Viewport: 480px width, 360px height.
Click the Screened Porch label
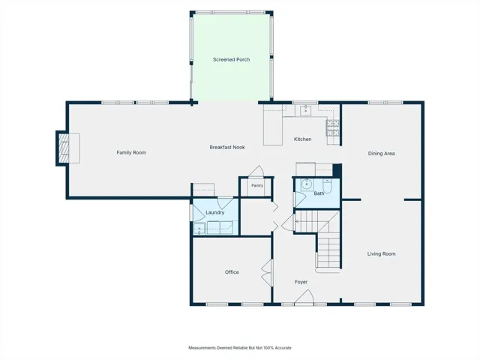(232, 59)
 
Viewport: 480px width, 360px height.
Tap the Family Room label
(131, 152)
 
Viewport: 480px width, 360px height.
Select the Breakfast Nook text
(227, 147)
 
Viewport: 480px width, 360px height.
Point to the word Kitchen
(303, 139)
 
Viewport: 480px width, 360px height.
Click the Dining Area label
(382, 154)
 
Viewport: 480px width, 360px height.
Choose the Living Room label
(382, 253)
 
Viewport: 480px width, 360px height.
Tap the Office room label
(232, 272)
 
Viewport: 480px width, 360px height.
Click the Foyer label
(301, 282)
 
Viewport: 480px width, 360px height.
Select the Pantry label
(257, 185)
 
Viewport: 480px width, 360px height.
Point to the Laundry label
(215, 212)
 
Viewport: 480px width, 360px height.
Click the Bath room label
(319, 193)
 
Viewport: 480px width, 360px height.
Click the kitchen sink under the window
(305, 110)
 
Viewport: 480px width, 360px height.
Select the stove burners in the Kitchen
(333, 128)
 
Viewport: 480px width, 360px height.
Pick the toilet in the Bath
(327, 186)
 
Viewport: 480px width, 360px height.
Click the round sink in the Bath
(307, 184)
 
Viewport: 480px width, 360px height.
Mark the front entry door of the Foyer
(304, 298)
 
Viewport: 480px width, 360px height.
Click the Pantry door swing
(256, 172)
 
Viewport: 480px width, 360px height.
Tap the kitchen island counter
(273, 125)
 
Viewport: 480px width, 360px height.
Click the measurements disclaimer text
(240, 348)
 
